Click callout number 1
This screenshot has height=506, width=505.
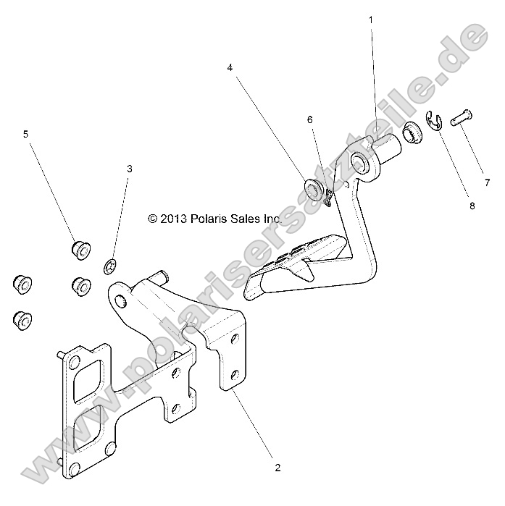coord(372,20)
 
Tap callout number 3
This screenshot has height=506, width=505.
coord(130,169)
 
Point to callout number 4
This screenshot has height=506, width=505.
coord(230,68)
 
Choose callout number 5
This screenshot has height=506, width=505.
coord(26,134)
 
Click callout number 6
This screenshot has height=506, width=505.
coord(309,119)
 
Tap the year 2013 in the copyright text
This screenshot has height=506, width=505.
coord(172,218)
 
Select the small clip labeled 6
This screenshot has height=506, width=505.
coord(328,198)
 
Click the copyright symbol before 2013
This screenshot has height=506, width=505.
coord(152,218)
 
